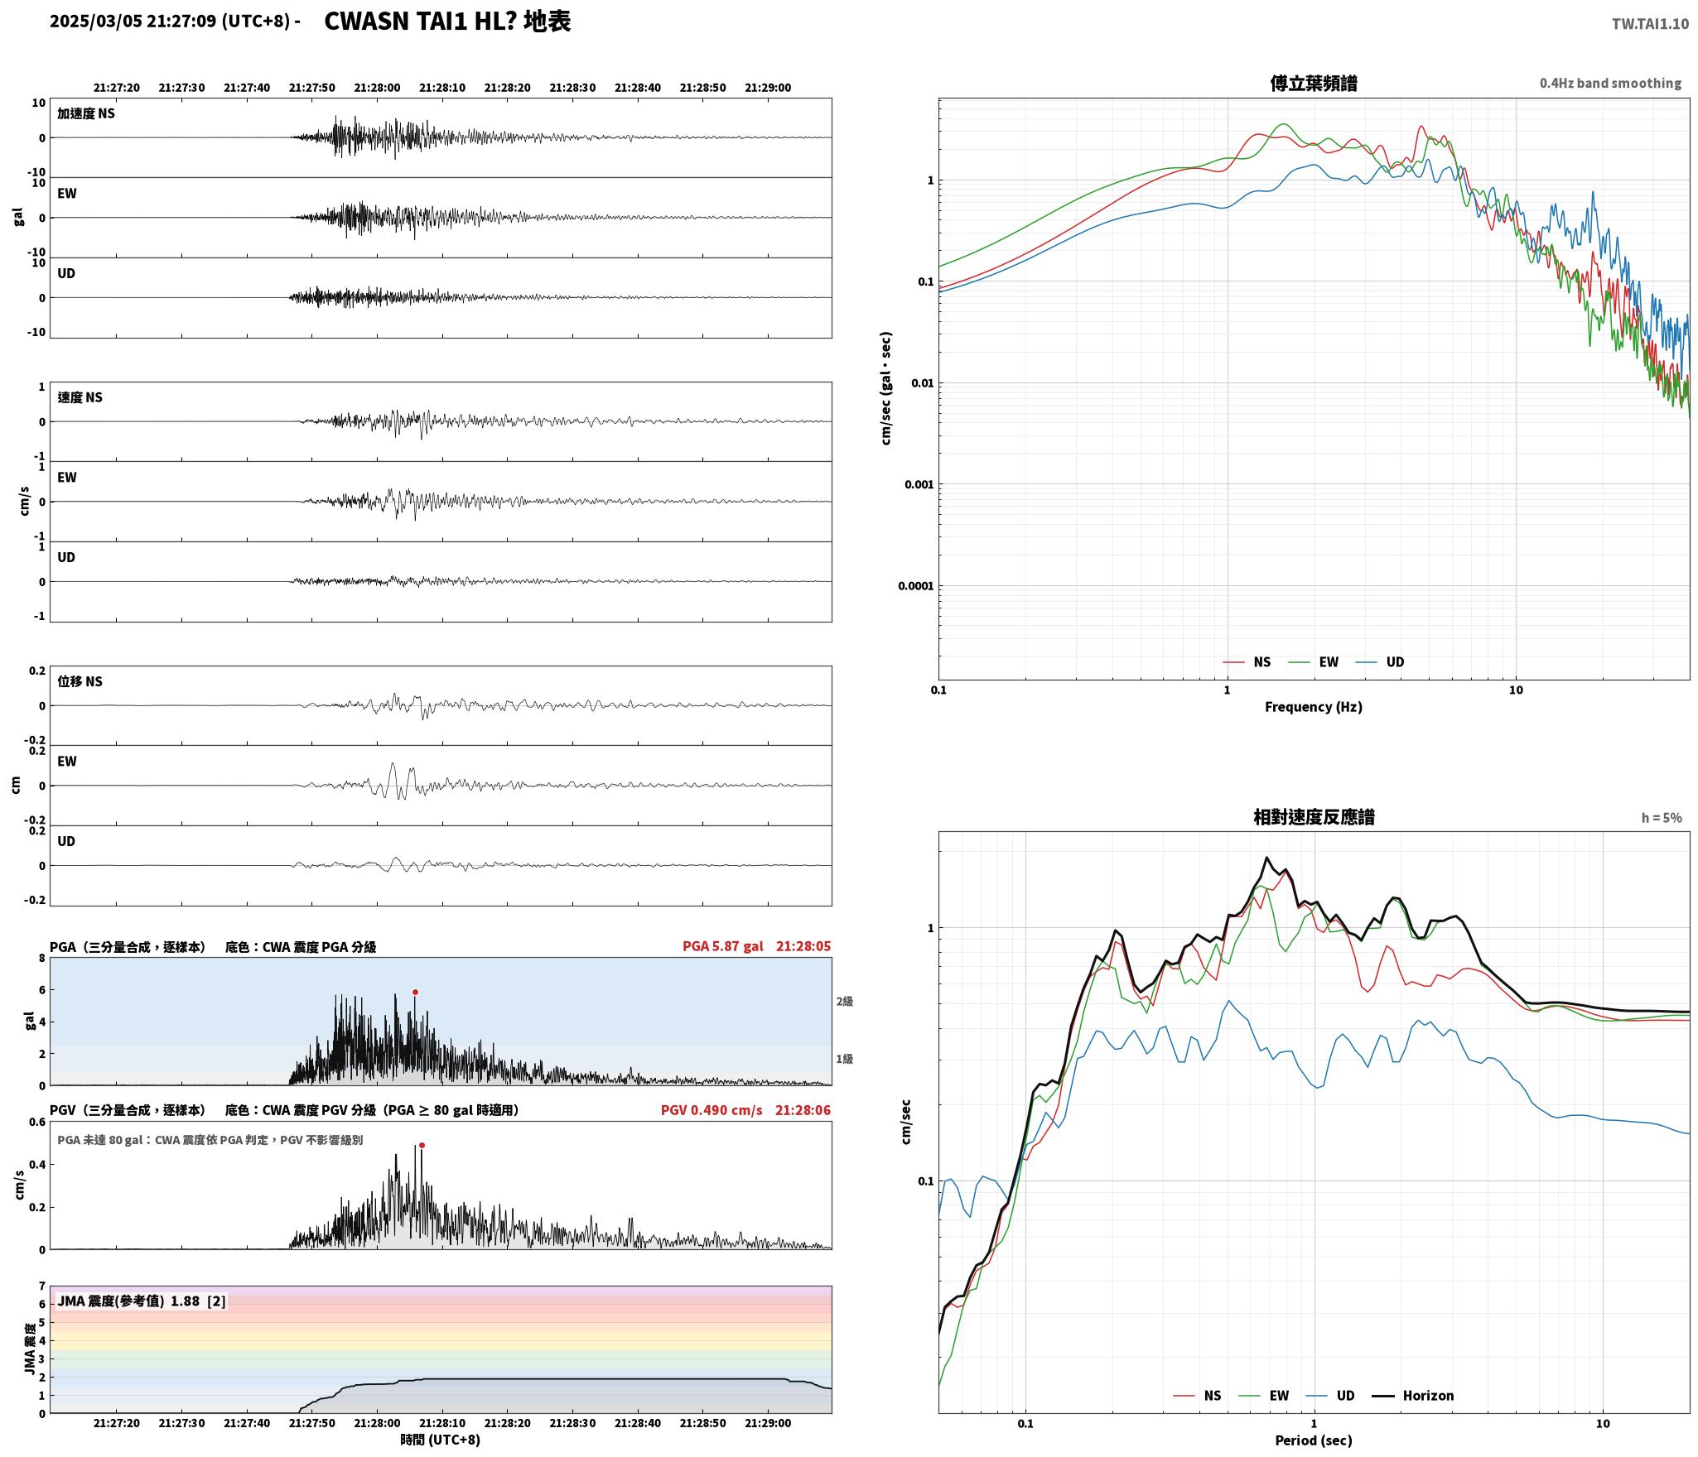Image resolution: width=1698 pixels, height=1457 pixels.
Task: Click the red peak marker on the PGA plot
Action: pos(415,992)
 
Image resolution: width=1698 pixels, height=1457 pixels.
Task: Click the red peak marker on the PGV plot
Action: pos(422,1146)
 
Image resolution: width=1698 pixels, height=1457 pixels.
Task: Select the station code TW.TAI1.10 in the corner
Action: pos(1650,24)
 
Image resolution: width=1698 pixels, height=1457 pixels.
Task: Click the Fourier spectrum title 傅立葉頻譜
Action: pos(1314,84)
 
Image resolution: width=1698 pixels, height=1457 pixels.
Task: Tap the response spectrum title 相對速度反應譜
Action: pos(1314,817)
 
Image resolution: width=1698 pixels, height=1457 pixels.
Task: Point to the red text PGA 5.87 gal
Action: pos(723,946)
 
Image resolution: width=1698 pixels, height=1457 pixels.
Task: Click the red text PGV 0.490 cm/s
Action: pos(712,1110)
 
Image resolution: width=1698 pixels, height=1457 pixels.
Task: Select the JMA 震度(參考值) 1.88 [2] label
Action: pos(142,1301)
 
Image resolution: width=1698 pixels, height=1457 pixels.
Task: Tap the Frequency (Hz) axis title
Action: pos(1314,707)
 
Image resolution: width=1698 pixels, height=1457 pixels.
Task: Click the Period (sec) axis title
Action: pos(1314,1440)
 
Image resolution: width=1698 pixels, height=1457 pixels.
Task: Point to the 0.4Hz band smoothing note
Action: pos(1610,84)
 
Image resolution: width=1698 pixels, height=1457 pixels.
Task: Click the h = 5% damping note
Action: pos(1662,818)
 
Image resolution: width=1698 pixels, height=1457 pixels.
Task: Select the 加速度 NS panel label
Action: pos(86,113)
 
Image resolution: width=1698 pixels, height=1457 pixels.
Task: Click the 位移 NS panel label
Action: pos(80,681)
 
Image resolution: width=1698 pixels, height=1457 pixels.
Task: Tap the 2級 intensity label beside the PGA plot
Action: pos(844,1002)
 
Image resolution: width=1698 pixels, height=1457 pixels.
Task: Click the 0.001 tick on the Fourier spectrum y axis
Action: pos(919,485)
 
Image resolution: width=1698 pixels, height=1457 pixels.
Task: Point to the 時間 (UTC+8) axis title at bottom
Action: pos(441,1440)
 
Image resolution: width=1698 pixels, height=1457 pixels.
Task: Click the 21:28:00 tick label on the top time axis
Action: pos(377,88)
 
